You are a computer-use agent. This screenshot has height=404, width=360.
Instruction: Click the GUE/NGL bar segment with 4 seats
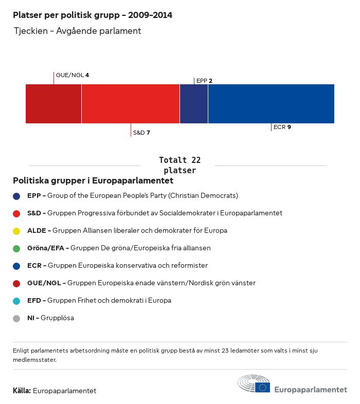pos(53,104)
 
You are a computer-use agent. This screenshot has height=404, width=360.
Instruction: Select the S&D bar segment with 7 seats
pos(131,104)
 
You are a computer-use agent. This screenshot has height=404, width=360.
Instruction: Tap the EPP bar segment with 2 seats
pos(194,104)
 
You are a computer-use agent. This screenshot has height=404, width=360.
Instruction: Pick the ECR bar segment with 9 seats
pos(271,104)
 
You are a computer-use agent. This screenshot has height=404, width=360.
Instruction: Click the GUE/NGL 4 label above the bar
pos(73,75)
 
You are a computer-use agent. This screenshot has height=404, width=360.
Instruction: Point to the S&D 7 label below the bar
pos(141,133)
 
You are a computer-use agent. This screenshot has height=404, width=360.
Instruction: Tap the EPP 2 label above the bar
pos(204,81)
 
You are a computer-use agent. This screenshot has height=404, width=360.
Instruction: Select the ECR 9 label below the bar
pos(282,127)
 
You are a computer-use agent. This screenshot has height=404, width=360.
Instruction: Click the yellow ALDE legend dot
pos(16,231)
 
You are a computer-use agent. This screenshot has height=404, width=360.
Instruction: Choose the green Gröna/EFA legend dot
pos(16,248)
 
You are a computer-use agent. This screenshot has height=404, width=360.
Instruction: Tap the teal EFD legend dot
pos(16,301)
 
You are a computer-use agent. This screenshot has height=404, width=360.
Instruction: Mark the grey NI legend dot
pos(16,318)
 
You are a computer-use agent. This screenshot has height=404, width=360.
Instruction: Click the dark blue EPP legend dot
pos(16,196)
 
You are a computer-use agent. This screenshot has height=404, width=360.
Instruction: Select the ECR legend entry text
pos(117,266)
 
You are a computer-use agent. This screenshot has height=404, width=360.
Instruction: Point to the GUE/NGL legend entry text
pos(141,283)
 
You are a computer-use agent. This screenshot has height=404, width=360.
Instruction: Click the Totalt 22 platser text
pos(179,165)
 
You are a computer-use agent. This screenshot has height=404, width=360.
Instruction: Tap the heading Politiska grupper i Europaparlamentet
pos(93,181)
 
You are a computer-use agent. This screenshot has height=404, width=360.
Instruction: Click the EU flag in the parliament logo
pos(263,387)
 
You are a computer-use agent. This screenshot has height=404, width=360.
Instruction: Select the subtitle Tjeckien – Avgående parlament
pos(78,31)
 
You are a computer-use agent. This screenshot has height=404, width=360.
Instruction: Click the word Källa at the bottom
pos(22,391)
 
